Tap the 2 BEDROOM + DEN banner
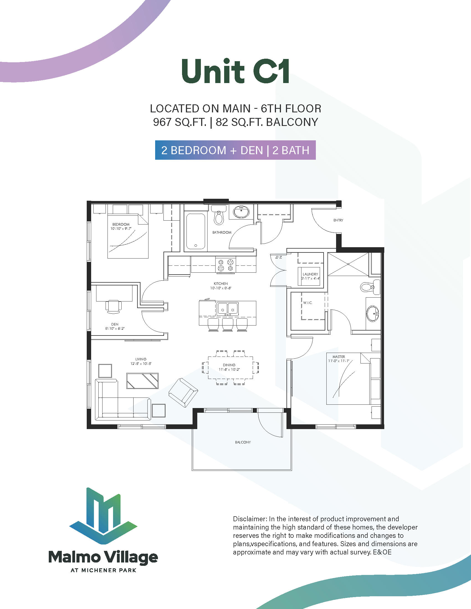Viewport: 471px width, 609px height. (x=235, y=150)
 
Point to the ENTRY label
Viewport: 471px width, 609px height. (x=338, y=220)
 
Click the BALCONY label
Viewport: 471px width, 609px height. (x=243, y=442)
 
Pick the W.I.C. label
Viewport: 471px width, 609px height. (x=308, y=303)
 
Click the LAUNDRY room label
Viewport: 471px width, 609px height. (x=310, y=274)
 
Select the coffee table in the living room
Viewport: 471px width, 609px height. (x=143, y=381)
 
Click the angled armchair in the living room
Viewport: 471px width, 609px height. (x=183, y=393)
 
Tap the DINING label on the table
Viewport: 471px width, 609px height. (x=229, y=365)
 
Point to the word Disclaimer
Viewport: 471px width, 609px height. (x=250, y=519)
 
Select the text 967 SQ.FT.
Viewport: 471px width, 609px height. (x=180, y=122)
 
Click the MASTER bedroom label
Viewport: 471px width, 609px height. (x=339, y=357)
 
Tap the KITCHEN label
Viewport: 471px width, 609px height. (x=221, y=283)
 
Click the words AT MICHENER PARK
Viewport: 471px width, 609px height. (x=104, y=570)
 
